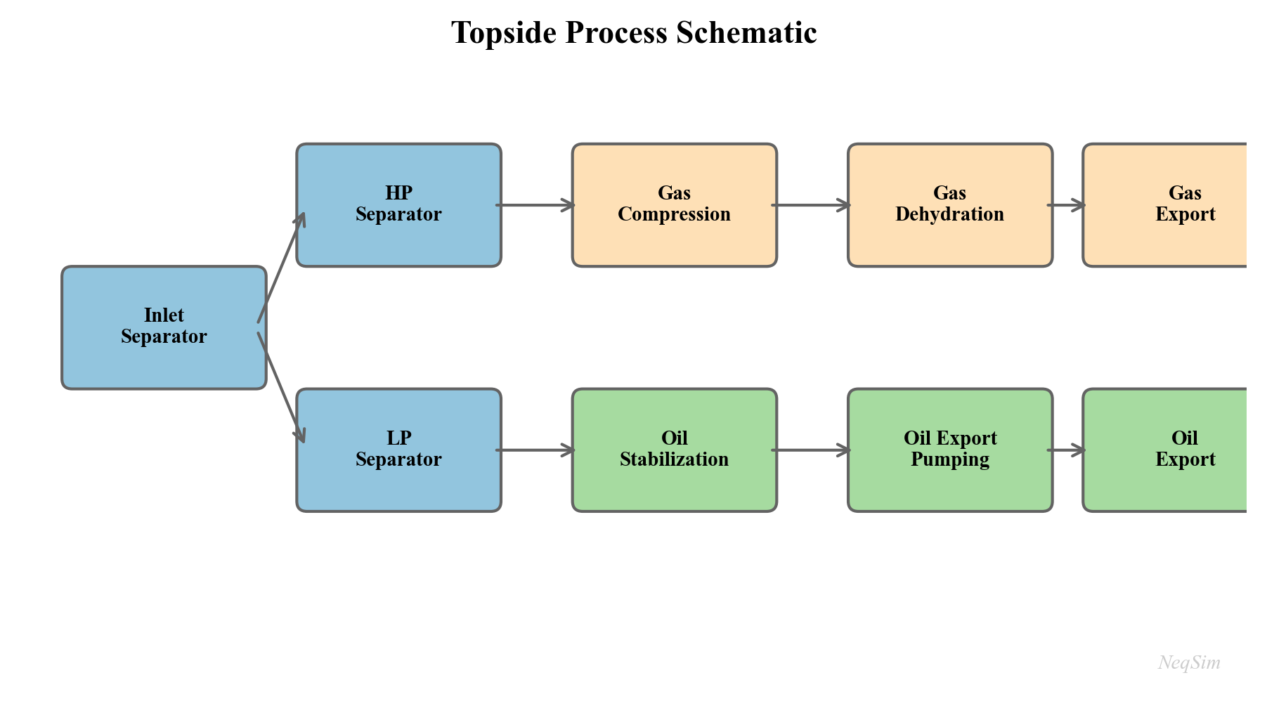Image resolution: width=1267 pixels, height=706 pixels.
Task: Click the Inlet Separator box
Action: click(164, 327)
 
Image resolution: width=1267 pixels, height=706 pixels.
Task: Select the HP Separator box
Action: click(398, 205)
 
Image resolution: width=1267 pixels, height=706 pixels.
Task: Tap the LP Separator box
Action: click(398, 450)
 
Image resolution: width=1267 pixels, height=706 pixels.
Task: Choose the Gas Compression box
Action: click(674, 205)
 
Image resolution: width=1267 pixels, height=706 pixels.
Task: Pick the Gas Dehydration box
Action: click(949, 205)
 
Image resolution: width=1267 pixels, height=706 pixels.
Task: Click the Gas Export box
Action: click(1174, 205)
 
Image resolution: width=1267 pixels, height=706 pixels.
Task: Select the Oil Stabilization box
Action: click(674, 450)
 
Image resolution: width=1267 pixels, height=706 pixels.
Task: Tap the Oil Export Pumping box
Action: click(949, 450)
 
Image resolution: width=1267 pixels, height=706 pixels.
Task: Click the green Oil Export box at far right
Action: click(1174, 450)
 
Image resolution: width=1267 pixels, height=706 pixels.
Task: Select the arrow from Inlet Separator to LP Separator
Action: click(281, 388)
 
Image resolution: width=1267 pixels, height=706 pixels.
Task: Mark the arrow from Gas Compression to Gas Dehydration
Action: click(811, 205)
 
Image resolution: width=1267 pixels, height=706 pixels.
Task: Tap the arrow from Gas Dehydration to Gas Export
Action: click(1066, 205)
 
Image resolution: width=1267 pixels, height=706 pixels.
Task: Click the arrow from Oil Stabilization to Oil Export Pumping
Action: click(811, 450)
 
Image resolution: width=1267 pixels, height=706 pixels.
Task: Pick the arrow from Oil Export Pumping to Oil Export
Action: click(1066, 450)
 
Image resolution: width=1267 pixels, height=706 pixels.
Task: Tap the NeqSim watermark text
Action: click(1188, 662)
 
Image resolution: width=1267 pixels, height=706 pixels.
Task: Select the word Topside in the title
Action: click(504, 33)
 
